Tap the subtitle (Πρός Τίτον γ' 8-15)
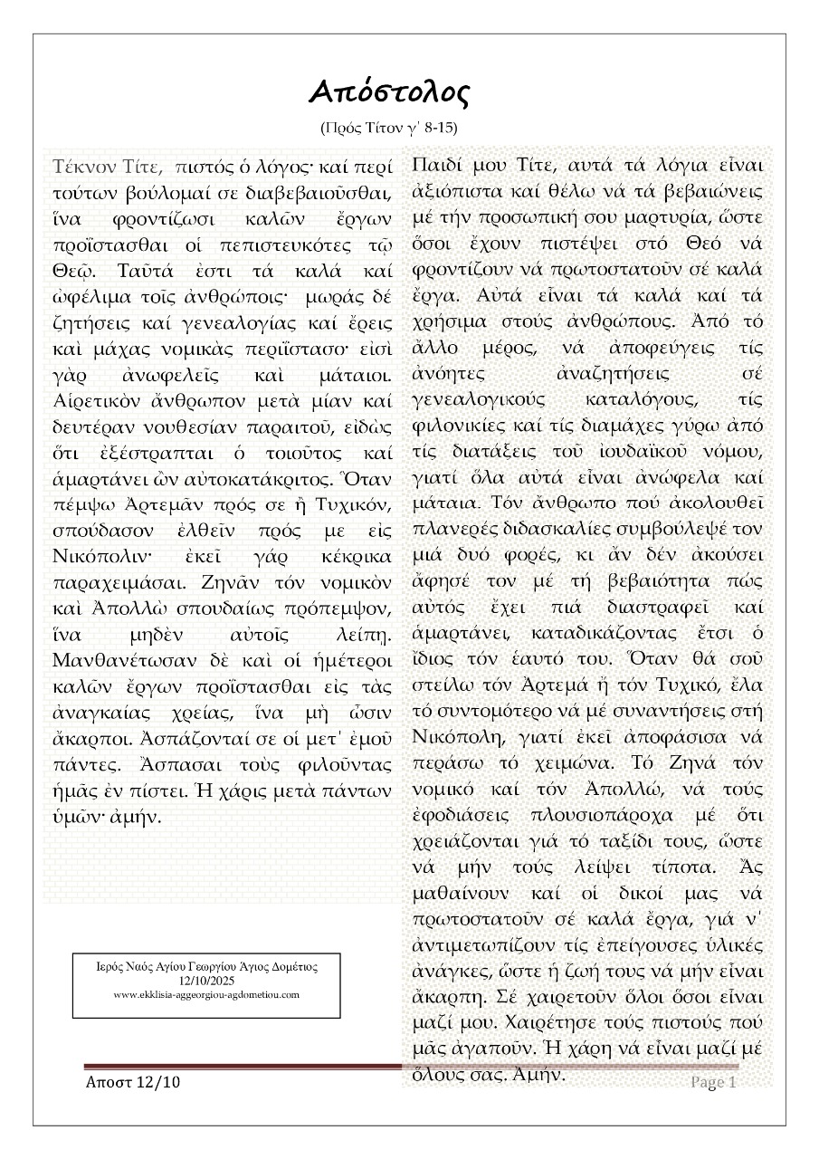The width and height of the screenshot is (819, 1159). (395, 129)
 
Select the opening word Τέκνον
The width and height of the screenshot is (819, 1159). (85, 168)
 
